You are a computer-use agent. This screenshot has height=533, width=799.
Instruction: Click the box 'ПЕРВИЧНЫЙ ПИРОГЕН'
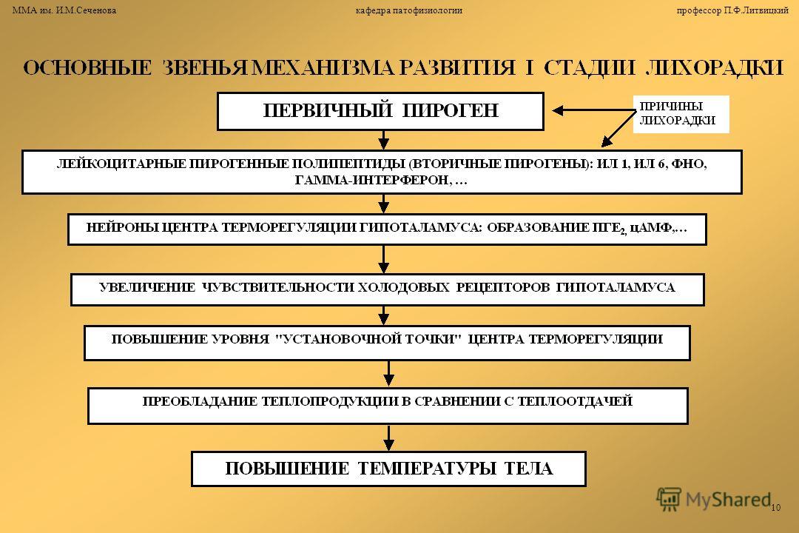tap(381, 111)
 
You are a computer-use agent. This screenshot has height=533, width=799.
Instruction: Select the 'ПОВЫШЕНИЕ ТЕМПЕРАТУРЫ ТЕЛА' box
tap(389, 469)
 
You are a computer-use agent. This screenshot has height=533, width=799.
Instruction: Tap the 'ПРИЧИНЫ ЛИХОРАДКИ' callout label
tap(681, 114)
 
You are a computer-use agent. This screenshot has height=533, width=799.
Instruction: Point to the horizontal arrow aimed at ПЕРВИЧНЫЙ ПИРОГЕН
tap(593, 111)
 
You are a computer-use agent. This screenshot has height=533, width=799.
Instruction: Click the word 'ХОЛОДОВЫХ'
tap(404, 287)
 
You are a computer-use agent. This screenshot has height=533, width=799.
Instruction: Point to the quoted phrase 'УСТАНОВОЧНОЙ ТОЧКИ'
tap(368, 339)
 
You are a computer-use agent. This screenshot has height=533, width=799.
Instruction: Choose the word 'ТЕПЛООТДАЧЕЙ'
tap(575, 401)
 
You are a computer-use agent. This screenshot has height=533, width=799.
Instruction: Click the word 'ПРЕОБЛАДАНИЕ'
tap(200, 401)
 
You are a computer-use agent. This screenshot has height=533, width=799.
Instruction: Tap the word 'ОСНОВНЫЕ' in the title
tap(87, 68)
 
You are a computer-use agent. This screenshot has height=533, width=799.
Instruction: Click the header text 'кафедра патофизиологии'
tap(408, 10)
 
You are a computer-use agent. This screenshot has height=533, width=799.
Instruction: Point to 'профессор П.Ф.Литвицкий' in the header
tap(732, 10)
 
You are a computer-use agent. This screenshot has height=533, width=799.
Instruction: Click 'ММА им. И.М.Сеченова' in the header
tap(64, 10)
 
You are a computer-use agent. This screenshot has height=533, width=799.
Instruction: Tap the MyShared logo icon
tap(669, 499)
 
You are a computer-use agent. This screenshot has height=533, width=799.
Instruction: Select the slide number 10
tap(775, 508)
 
